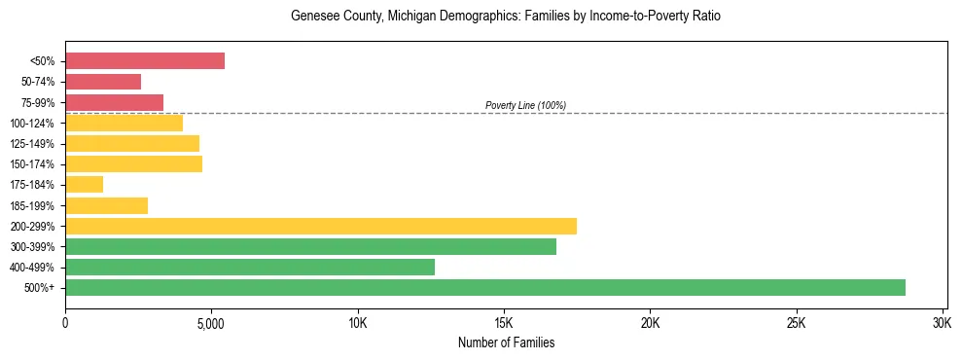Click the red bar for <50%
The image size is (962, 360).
(x=145, y=61)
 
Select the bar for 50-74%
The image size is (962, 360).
(x=103, y=82)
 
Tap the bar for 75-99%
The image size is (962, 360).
(x=114, y=102)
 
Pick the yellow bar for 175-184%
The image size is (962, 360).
(x=84, y=185)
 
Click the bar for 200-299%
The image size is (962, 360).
(x=321, y=226)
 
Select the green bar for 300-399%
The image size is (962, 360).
(x=310, y=246)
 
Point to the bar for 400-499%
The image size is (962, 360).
(x=250, y=267)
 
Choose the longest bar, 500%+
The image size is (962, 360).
(x=485, y=287)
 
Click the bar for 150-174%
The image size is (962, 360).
(x=133, y=163)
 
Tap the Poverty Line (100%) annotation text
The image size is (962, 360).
(x=525, y=105)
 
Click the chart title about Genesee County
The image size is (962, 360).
(x=506, y=17)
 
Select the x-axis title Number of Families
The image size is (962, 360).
(x=506, y=342)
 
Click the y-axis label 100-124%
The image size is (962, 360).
(x=32, y=124)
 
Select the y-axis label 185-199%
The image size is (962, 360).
(x=32, y=205)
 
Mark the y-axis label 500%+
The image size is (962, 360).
(x=40, y=288)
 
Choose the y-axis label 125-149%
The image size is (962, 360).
(x=32, y=144)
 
